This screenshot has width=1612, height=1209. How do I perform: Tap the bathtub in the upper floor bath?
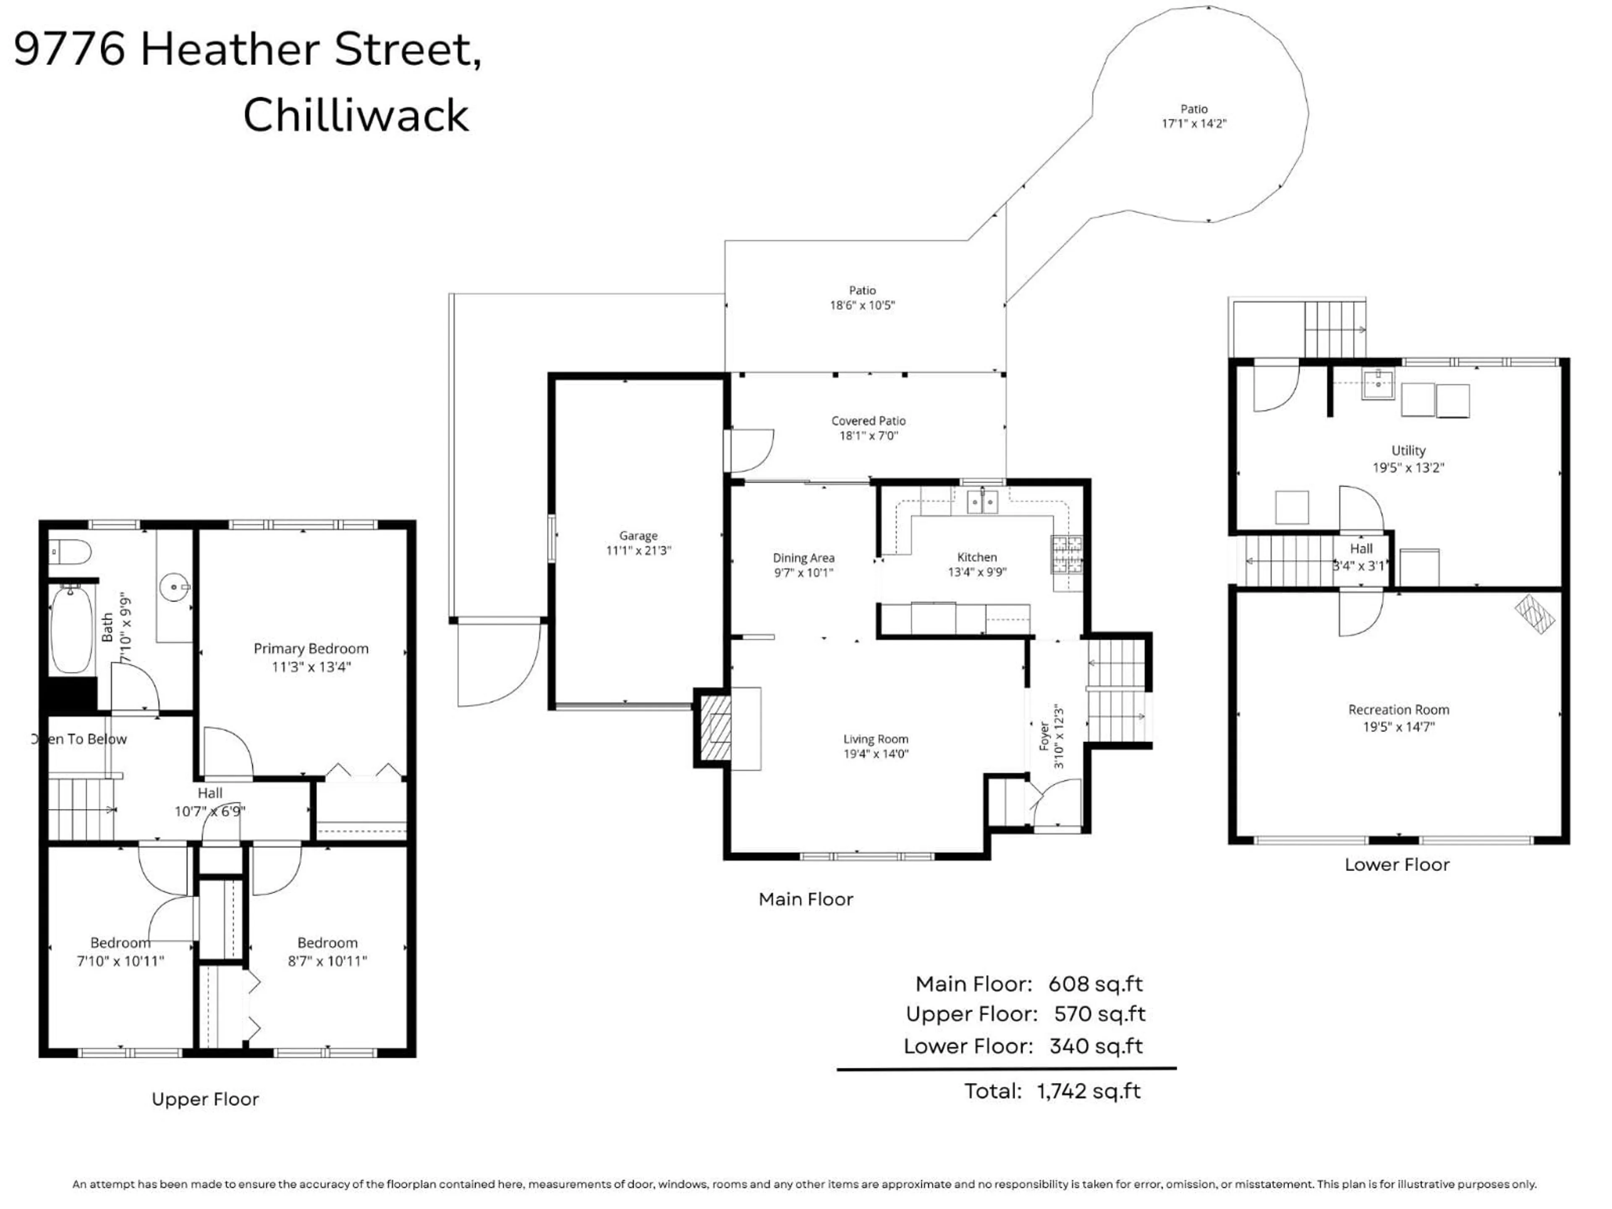pyautogui.click(x=71, y=631)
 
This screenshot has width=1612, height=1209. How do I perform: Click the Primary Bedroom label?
pyautogui.click(x=311, y=649)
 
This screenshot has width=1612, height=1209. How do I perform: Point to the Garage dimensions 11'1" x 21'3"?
pyautogui.click(x=639, y=551)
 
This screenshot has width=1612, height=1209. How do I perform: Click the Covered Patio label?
pyautogui.click(x=869, y=421)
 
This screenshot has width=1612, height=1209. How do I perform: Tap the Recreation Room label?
pyautogui.click(x=1398, y=710)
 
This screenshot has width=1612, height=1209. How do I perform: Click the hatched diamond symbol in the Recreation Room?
pyautogui.click(x=1535, y=614)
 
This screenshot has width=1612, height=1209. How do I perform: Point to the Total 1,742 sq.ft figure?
pyautogui.click(x=1088, y=1091)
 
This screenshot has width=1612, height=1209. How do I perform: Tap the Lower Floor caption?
pyautogui.click(x=1396, y=865)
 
